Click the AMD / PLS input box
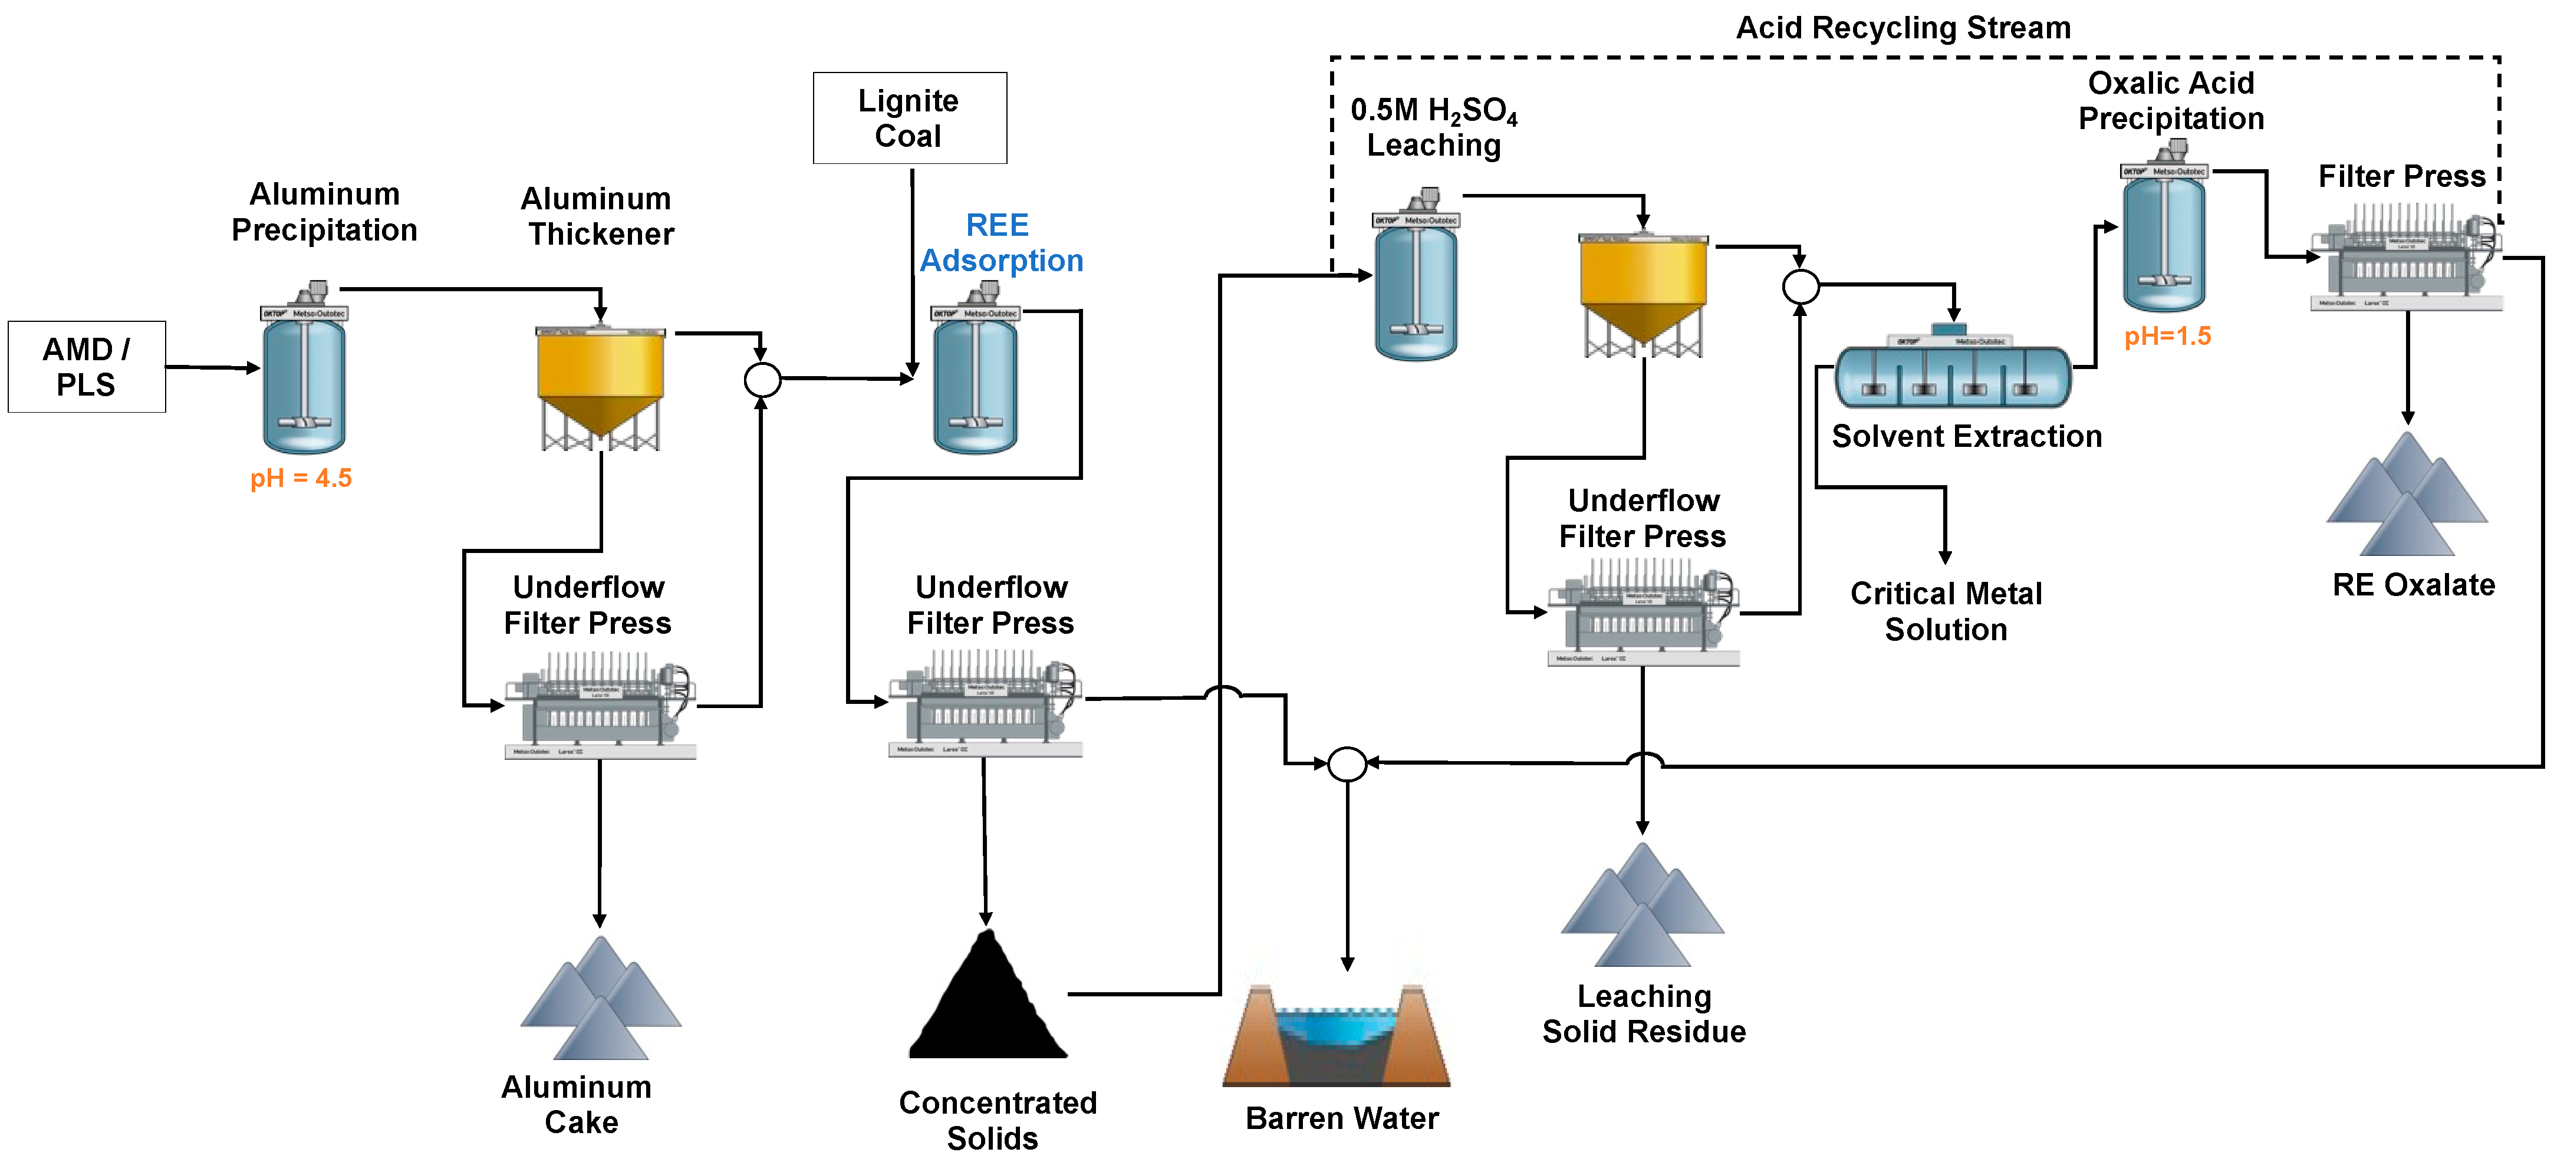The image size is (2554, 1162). [x=86, y=367]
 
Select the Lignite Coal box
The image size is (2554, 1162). [x=909, y=118]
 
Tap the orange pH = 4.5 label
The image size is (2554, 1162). [x=301, y=479]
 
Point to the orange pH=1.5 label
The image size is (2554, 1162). [x=2167, y=336]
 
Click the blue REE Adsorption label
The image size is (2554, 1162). [x=1000, y=243]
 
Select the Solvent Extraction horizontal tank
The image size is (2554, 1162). [x=1952, y=374]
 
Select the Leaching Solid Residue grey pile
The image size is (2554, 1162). [x=1642, y=907]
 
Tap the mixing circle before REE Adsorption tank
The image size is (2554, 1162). [x=762, y=380]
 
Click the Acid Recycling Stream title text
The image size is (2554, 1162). [x=1903, y=28]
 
